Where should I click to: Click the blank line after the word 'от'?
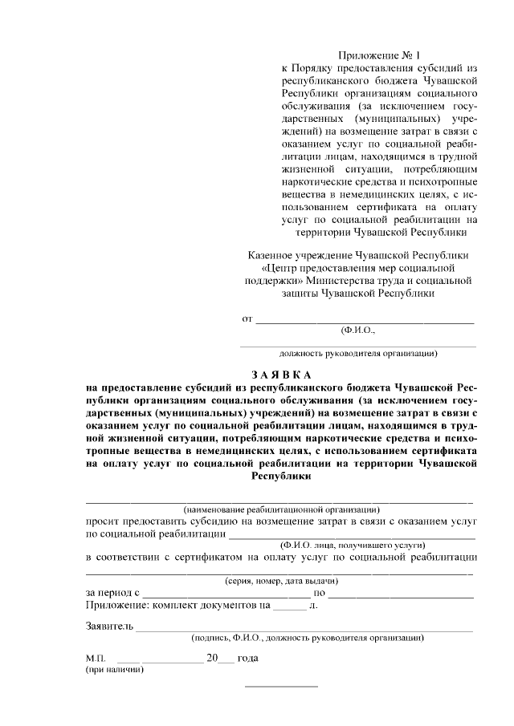[365, 320]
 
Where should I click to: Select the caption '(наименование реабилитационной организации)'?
[281, 509]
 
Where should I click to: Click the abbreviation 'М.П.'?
[96, 658]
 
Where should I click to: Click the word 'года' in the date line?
[247, 657]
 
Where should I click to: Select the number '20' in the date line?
[212, 657]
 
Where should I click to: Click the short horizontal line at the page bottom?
[281, 687]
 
